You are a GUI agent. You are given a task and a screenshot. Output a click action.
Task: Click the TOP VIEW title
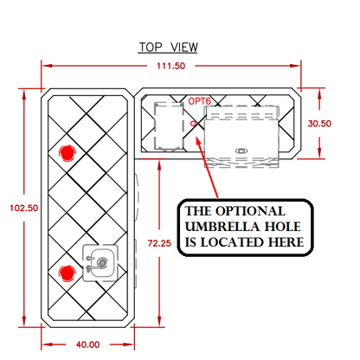click(168, 48)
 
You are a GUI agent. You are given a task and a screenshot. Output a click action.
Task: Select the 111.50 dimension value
click(170, 66)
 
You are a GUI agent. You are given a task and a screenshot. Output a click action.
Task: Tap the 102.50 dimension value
click(24, 208)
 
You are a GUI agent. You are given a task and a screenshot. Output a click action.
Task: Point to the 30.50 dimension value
click(319, 124)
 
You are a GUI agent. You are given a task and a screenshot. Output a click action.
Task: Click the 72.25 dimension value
click(159, 243)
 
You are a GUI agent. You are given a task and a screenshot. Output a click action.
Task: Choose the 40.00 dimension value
click(88, 344)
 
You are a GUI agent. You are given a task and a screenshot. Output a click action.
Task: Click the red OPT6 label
click(200, 101)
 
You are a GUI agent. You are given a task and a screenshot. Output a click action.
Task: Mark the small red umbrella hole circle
click(193, 124)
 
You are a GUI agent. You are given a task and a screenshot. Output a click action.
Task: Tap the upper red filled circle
click(67, 153)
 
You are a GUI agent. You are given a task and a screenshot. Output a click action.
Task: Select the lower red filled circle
click(67, 273)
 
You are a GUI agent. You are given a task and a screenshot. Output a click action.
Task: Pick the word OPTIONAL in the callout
click(251, 211)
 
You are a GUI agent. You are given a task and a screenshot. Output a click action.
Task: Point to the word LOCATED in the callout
click(232, 242)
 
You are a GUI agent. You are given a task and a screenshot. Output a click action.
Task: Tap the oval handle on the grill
click(241, 151)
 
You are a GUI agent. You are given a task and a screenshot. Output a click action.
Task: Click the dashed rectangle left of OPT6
click(169, 126)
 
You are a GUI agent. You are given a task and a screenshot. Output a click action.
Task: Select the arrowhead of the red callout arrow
click(198, 140)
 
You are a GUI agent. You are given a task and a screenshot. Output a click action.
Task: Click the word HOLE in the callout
click(283, 227)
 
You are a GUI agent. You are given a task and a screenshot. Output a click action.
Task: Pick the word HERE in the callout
click(286, 242)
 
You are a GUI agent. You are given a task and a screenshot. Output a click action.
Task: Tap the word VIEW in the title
click(184, 48)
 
